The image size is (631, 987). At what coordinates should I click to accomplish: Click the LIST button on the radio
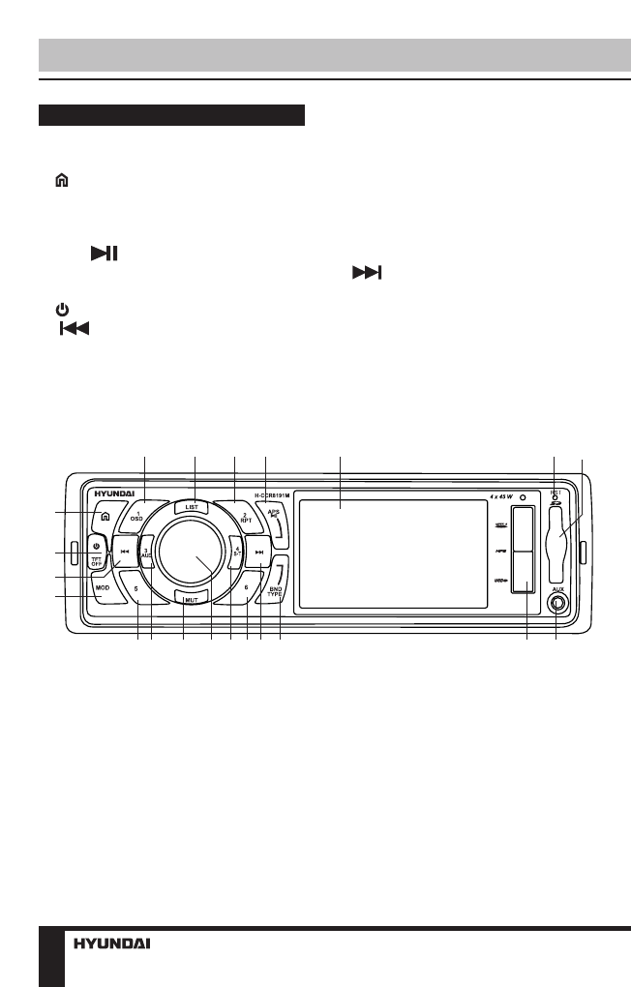click(x=192, y=506)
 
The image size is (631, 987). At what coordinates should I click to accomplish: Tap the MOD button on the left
click(x=103, y=587)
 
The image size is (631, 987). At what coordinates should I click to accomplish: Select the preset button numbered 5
click(x=137, y=587)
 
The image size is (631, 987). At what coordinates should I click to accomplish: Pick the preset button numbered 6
click(x=246, y=587)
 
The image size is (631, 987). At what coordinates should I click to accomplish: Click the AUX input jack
click(x=556, y=606)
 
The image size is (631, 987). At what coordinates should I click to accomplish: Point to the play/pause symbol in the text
click(x=105, y=254)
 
